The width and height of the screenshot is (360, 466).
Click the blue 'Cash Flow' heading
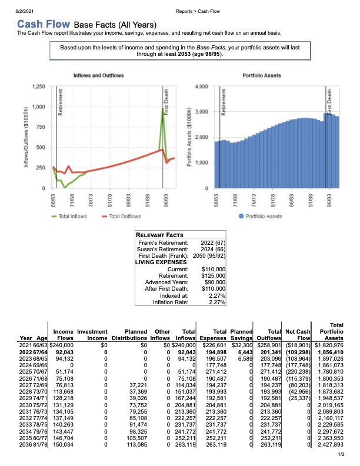44,24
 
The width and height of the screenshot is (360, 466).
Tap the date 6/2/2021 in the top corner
24,11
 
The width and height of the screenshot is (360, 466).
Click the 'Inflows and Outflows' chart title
99,75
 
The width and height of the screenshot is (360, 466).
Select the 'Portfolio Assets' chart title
262,75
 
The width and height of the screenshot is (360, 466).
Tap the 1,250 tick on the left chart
39,86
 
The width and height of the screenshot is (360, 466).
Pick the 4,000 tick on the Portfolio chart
202,86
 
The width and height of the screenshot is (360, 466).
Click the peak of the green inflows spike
162,109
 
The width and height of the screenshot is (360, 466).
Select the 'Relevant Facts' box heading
159,235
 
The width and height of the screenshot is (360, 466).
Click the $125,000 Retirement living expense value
214,276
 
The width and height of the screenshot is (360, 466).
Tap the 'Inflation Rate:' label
171,302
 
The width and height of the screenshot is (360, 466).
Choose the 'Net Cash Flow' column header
298,335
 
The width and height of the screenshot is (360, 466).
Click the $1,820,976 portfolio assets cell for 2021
329,345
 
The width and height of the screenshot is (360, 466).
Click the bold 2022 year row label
25,352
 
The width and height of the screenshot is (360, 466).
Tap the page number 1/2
341,454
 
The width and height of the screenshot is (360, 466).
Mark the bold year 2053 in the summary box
184,54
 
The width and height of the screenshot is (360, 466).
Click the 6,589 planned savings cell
246,359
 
